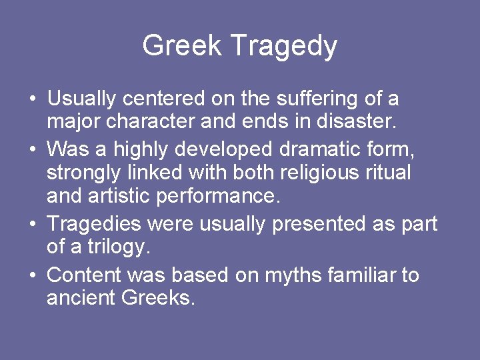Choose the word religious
[x=313, y=173]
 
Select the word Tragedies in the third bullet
[x=95, y=223]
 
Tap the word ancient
[x=81, y=298]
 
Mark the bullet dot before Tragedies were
[x=32, y=225]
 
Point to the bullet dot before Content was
[x=32, y=275]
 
